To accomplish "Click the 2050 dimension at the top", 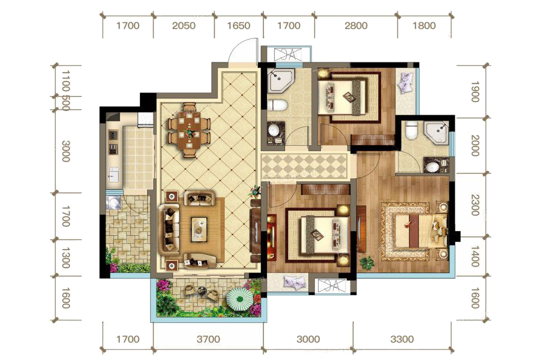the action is pos(184,25).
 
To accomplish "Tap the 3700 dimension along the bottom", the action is pos(208,340).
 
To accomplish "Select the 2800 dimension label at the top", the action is pos(356,25).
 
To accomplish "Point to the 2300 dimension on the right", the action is pos(475,205).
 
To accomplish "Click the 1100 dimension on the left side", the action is pos(66,82).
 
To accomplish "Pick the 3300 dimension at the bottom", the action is pos(402,340).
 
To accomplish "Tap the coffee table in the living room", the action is pos(199,228).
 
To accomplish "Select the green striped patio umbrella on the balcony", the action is pos(239,299).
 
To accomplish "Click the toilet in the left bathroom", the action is pos(278,105).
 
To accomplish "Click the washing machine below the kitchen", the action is pos(112,202).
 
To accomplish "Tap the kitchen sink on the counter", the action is pos(113,175).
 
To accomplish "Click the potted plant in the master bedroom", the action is pos(367,263).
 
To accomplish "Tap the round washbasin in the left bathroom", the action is pos(274,131).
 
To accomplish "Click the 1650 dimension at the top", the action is pos(239,25).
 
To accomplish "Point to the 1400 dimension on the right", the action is pos(475,256).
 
